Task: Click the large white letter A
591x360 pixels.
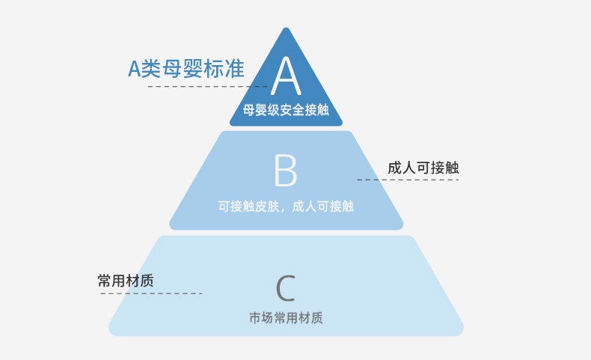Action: click(286, 76)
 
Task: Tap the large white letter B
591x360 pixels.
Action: click(286, 171)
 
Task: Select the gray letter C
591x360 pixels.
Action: click(286, 288)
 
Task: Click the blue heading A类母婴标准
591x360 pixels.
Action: click(186, 69)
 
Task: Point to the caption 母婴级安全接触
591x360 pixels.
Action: click(286, 110)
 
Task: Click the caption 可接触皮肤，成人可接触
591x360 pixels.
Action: click(286, 207)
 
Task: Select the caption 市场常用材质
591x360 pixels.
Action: click(286, 318)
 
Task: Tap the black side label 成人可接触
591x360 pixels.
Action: click(423, 168)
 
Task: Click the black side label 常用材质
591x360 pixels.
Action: click(126, 281)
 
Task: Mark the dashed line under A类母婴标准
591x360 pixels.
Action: click(208, 86)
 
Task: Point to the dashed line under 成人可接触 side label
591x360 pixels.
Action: click(408, 180)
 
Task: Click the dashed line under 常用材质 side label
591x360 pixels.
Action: click(151, 293)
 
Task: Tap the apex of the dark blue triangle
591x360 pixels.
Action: click(286, 28)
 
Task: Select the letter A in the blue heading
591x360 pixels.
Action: click(135, 69)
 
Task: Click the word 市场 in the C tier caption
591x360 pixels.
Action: click(261, 318)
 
